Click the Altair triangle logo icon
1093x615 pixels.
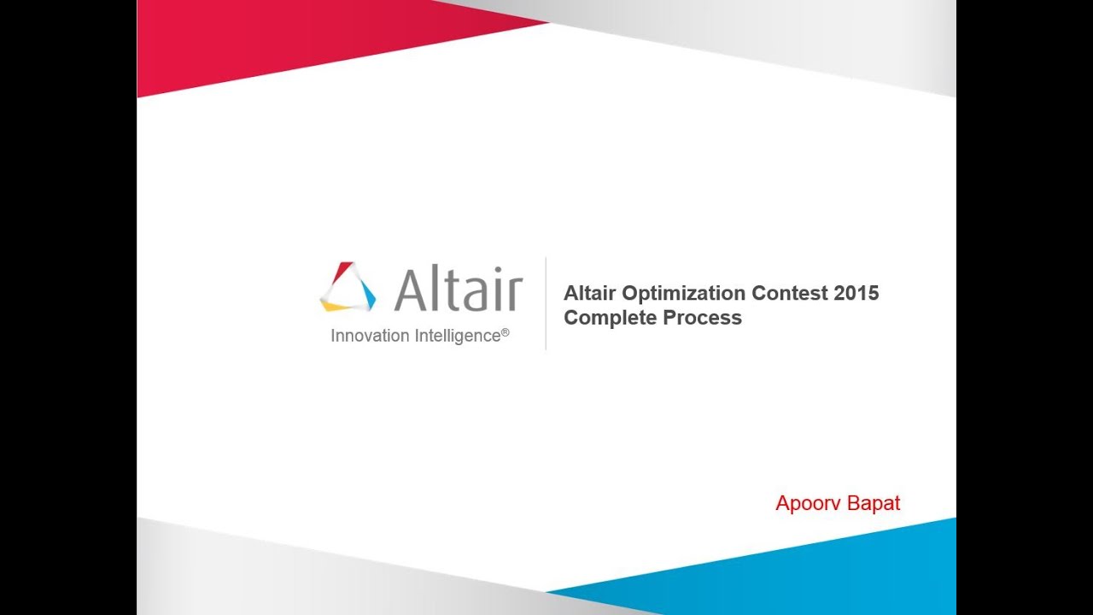tap(348, 287)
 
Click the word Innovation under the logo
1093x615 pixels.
tap(370, 336)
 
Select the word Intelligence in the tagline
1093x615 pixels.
tap(457, 336)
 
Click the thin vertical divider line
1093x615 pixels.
tap(546, 303)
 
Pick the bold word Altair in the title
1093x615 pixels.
tap(590, 293)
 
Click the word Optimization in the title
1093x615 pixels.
tap(682, 293)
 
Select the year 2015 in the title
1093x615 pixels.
tap(856, 293)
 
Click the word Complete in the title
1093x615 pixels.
tap(605, 318)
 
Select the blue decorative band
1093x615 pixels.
tap(811, 572)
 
